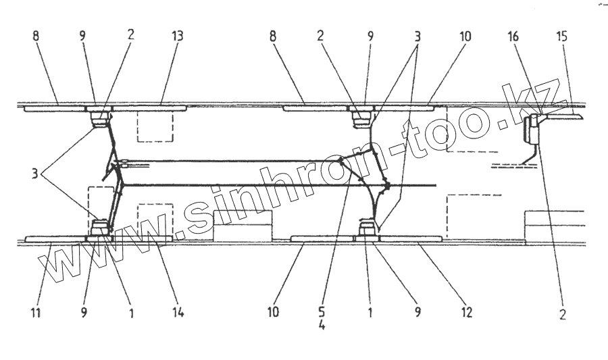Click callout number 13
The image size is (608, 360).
coord(178,36)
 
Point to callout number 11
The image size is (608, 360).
coord(35,313)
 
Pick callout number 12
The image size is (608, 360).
coord(467,313)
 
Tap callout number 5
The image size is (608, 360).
coord(322,313)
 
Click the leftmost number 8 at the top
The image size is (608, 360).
coord(35,36)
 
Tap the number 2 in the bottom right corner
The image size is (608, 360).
coord(563,314)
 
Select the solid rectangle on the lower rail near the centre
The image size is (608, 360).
coord(243,226)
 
